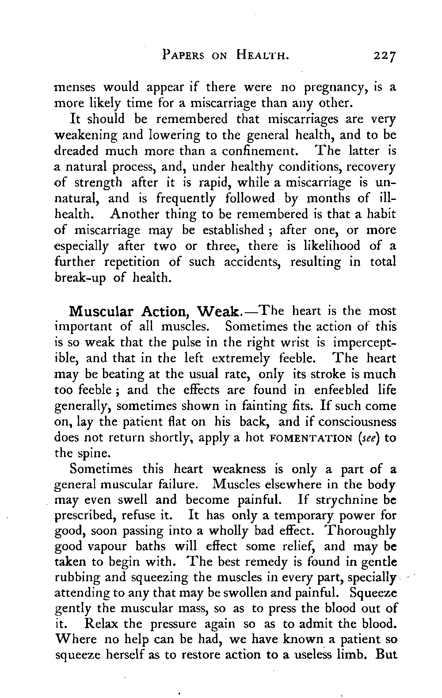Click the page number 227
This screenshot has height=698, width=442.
[x=384, y=56]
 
